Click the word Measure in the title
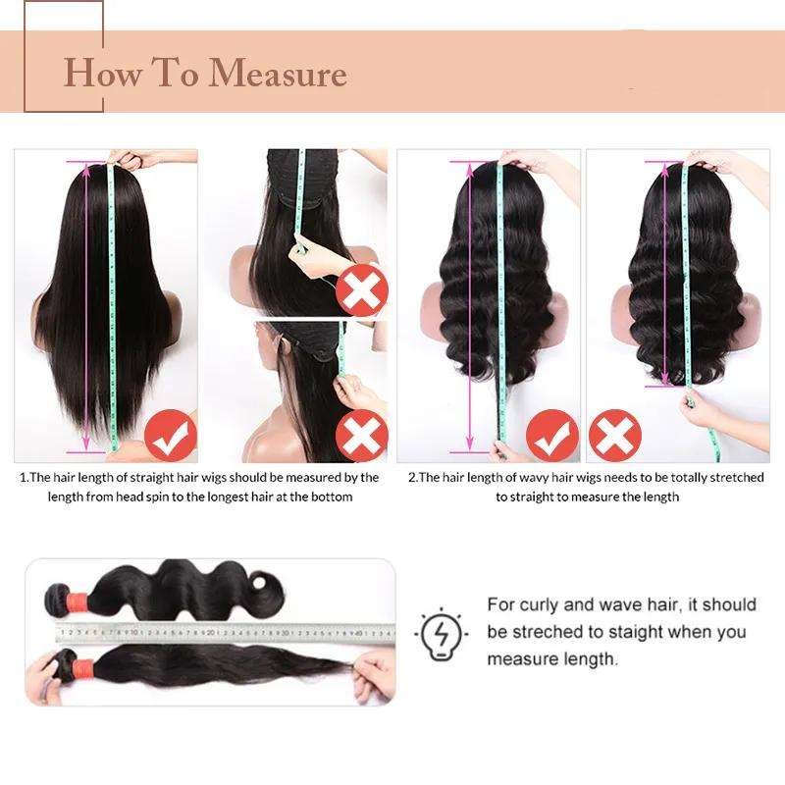click(x=277, y=73)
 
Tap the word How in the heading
click(x=103, y=73)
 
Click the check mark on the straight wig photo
click(x=170, y=435)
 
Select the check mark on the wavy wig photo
click(x=552, y=435)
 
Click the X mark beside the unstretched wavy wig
click(x=615, y=435)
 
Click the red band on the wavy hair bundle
click(x=77, y=599)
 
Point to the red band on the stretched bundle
click(x=83, y=667)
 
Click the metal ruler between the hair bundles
click(x=226, y=633)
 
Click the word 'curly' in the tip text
click(x=539, y=604)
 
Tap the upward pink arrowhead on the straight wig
click(x=86, y=170)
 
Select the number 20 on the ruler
click(x=211, y=632)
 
